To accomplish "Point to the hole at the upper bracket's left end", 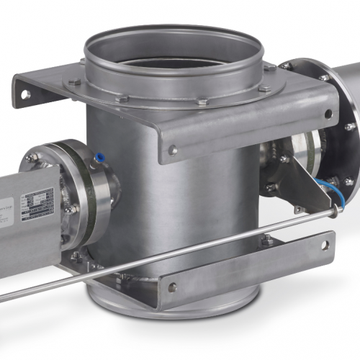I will click(x=24, y=94).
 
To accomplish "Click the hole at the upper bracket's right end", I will click(x=328, y=114).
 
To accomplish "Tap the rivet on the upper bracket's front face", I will click(x=173, y=150).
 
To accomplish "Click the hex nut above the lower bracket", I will click(x=267, y=240).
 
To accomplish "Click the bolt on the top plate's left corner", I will click(x=75, y=82).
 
